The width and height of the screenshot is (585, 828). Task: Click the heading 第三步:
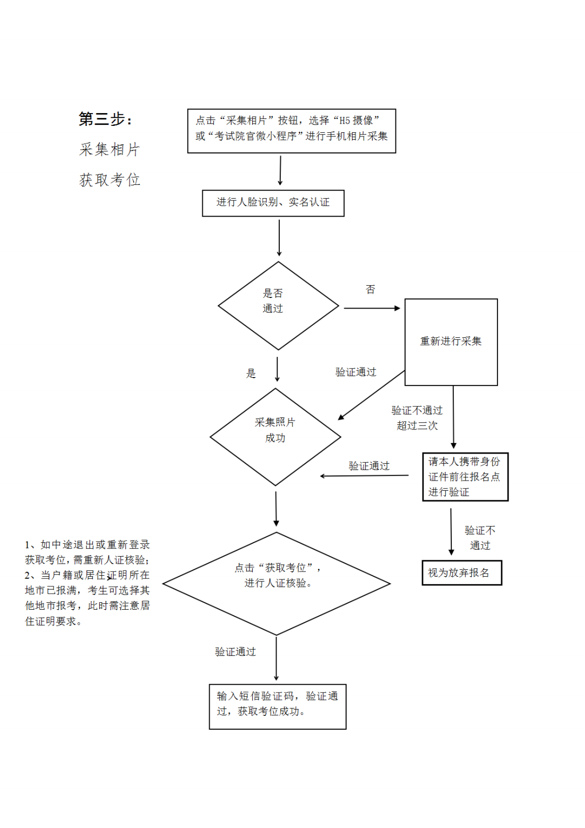[106, 119]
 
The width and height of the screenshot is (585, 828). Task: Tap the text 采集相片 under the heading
[109, 150]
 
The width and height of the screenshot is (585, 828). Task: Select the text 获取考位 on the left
[109, 180]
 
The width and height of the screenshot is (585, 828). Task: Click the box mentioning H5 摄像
[291, 131]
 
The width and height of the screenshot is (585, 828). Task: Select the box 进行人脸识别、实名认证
[273, 203]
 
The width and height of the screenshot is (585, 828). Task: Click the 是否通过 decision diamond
[278, 306]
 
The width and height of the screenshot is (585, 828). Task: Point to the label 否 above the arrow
[371, 289]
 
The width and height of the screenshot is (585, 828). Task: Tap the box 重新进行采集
[451, 342]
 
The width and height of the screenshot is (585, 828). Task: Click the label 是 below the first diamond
[251, 373]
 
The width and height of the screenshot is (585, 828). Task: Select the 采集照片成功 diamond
[276, 437]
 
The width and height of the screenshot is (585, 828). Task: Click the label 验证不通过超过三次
[417, 418]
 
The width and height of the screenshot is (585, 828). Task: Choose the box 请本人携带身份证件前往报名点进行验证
[464, 476]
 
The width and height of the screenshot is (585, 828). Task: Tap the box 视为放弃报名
[461, 573]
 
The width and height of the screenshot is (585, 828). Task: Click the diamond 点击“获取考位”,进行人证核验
[277, 583]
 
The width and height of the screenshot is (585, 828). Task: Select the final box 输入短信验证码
[277, 706]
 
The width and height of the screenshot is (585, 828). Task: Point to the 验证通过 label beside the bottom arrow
[235, 652]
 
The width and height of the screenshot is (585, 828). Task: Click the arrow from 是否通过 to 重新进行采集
[372, 308]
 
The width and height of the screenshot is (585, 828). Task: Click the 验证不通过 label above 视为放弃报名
[480, 537]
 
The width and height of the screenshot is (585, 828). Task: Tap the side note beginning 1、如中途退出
[88, 583]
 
